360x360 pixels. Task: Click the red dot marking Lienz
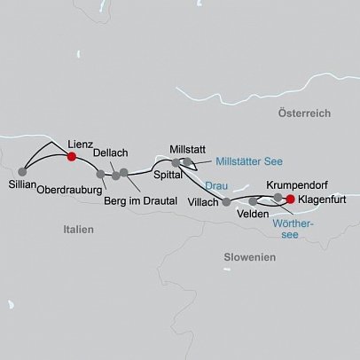72,156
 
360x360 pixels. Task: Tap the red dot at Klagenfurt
290,200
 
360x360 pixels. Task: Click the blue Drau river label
215,185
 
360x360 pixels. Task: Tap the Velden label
254,215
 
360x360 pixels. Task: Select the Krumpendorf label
295,184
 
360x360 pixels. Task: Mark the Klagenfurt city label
324,200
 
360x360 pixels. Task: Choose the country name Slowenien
251,256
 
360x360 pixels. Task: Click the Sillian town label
25,187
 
